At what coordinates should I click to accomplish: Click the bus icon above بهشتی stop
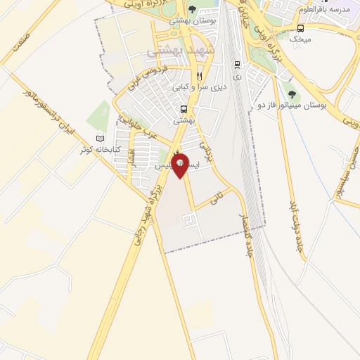point(184,110)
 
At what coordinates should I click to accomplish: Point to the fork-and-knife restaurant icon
point(200,76)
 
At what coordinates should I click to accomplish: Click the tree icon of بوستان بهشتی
point(193,9)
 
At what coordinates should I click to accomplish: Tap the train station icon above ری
point(237,62)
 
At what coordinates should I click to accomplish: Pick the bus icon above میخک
point(301,28)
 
